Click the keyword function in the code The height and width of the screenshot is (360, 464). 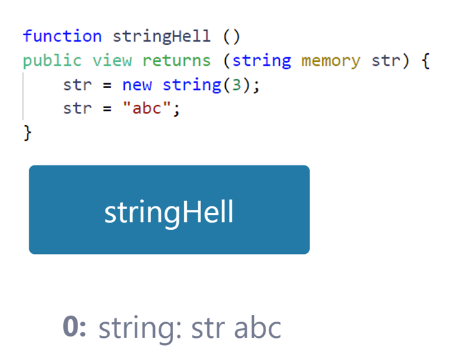point(62,36)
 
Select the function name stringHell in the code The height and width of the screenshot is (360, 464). point(161,36)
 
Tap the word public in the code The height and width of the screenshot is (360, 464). point(52,61)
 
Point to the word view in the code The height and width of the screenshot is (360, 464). point(112,61)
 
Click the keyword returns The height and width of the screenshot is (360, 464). point(176,61)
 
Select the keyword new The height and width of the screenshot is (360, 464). point(137,85)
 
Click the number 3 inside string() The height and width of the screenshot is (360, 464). point(236,85)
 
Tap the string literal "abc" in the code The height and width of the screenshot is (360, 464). point(147,108)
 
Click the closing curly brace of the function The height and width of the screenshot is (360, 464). point(27,133)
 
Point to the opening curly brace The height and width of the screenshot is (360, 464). point(426,61)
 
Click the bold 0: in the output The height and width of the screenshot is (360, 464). point(74,326)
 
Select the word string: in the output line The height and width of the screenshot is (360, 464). point(140,329)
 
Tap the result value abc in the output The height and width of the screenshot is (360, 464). point(258,327)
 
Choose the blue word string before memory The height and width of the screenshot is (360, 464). point(262,61)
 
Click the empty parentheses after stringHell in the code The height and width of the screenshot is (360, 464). point(232,36)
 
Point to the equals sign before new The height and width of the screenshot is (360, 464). point(107,85)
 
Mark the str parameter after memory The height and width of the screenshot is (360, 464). point(386,61)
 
